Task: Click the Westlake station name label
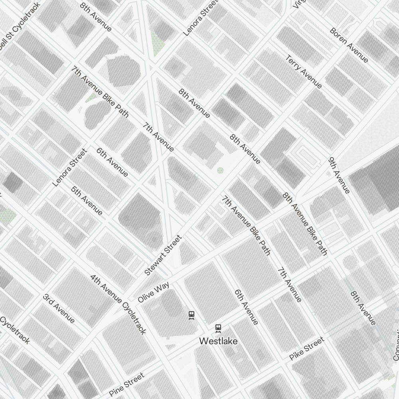pyautogui.click(x=218, y=342)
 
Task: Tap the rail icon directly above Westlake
pyautogui.click(x=218, y=329)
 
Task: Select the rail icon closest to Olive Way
pyautogui.click(x=192, y=315)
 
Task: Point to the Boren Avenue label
pyautogui.click(x=349, y=45)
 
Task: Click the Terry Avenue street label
pyautogui.click(x=304, y=72)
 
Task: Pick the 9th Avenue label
pyautogui.click(x=339, y=175)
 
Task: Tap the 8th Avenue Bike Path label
pyautogui.click(x=305, y=223)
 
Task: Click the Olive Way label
pyautogui.click(x=154, y=292)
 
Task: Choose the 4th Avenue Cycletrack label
pyautogui.click(x=118, y=304)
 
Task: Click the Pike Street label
pyautogui.click(x=306, y=349)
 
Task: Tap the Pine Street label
pyautogui.click(x=126, y=385)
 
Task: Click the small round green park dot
pyautogui.click(x=220, y=170)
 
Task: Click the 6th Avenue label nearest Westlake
pyautogui.click(x=246, y=307)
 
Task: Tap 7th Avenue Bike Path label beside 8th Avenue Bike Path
pyautogui.click(x=246, y=225)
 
